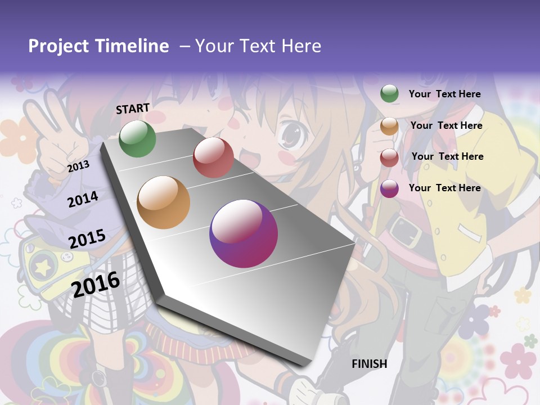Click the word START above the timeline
click(133, 109)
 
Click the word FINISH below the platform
click(369, 364)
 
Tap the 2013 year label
click(78, 166)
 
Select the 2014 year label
click(83, 199)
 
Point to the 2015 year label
click(87, 239)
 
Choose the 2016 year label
click(96, 284)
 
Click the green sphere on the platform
click(137, 139)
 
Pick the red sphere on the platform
click(213, 157)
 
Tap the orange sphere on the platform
click(163, 202)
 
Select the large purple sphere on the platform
click(244, 233)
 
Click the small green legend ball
click(389, 93)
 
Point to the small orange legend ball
click(389, 126)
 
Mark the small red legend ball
click(389, 157)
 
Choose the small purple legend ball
click(389, 189)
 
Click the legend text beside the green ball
click(444, 94)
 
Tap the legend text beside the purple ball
click(444, 188)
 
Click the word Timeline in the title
click(132, 46)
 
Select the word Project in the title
click(59, 46)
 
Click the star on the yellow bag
click(43, 267)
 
